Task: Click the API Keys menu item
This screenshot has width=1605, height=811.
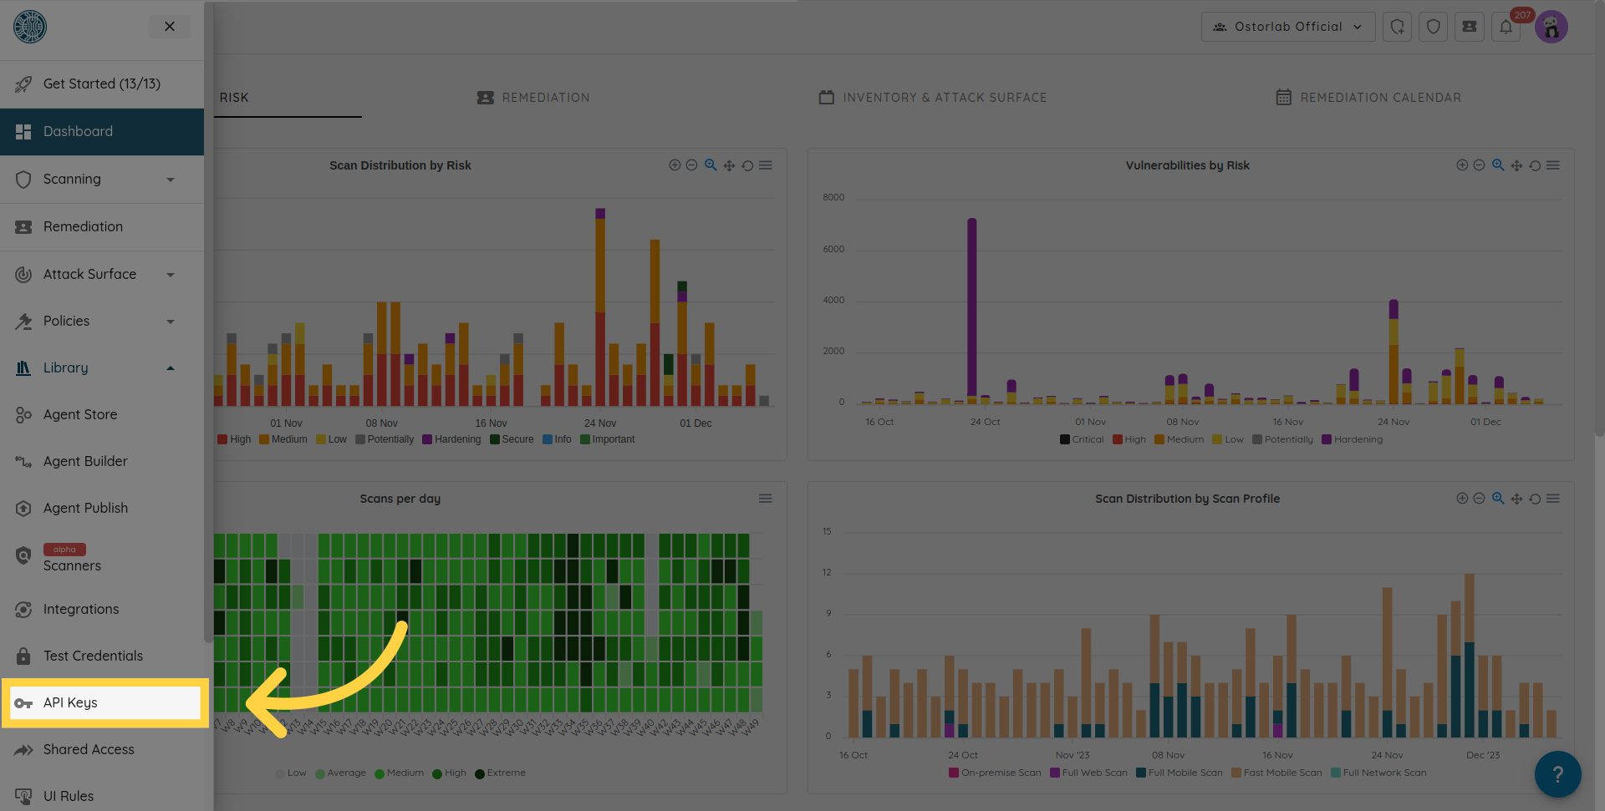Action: tap(71, 702)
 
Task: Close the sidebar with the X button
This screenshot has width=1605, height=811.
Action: tap(170, 27)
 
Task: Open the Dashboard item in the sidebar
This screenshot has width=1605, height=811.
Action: tap(78, 131)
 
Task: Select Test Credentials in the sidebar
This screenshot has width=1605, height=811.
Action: tap(93, 656)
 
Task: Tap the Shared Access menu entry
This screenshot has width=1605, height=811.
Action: tap(89, 749)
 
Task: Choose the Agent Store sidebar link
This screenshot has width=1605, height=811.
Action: tap(80, 414)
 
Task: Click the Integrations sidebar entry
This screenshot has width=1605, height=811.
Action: tap(81, 609)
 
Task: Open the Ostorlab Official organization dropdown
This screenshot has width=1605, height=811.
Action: tap(1288, 27)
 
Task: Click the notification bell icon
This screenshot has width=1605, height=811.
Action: tap(1506, 27)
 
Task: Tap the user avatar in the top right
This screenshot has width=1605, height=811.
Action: tap(1551, 27)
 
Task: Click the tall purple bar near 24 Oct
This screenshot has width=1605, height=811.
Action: tap(972, 309)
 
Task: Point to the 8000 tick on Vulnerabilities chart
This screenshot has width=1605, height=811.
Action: tap(833, 198)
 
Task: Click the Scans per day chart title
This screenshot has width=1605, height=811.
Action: tap(400, 499)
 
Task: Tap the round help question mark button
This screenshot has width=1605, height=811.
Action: tap(1557, 774)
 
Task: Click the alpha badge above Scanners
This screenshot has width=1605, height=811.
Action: tap(64, 550)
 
